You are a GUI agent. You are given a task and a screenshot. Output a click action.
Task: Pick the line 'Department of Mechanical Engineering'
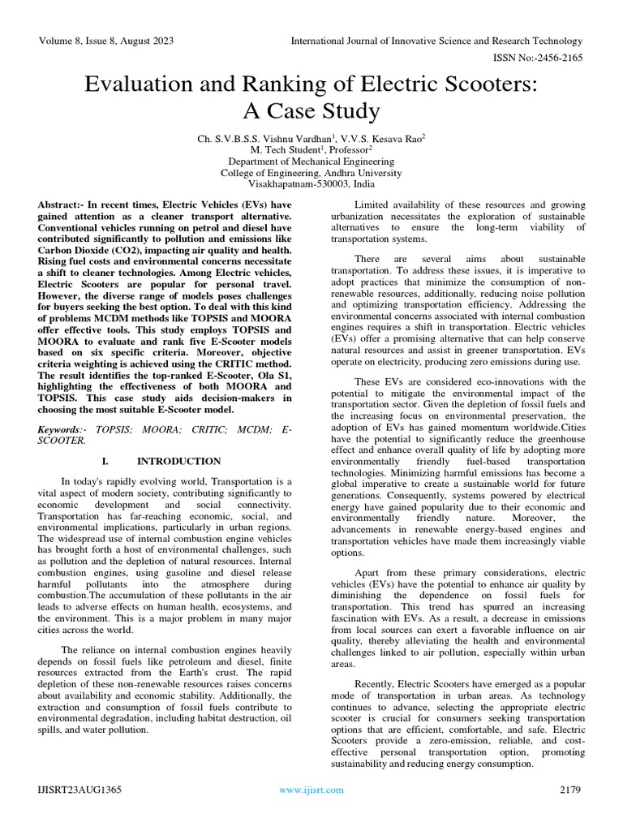pos(311,161)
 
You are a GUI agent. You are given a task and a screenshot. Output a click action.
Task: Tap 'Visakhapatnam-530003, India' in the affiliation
pos(311,184)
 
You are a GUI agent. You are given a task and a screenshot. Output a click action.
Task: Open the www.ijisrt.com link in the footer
pos(311,790)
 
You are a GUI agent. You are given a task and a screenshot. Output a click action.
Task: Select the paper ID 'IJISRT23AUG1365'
pos(78,790)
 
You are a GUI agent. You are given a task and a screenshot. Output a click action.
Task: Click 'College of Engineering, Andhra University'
pos(311,173)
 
